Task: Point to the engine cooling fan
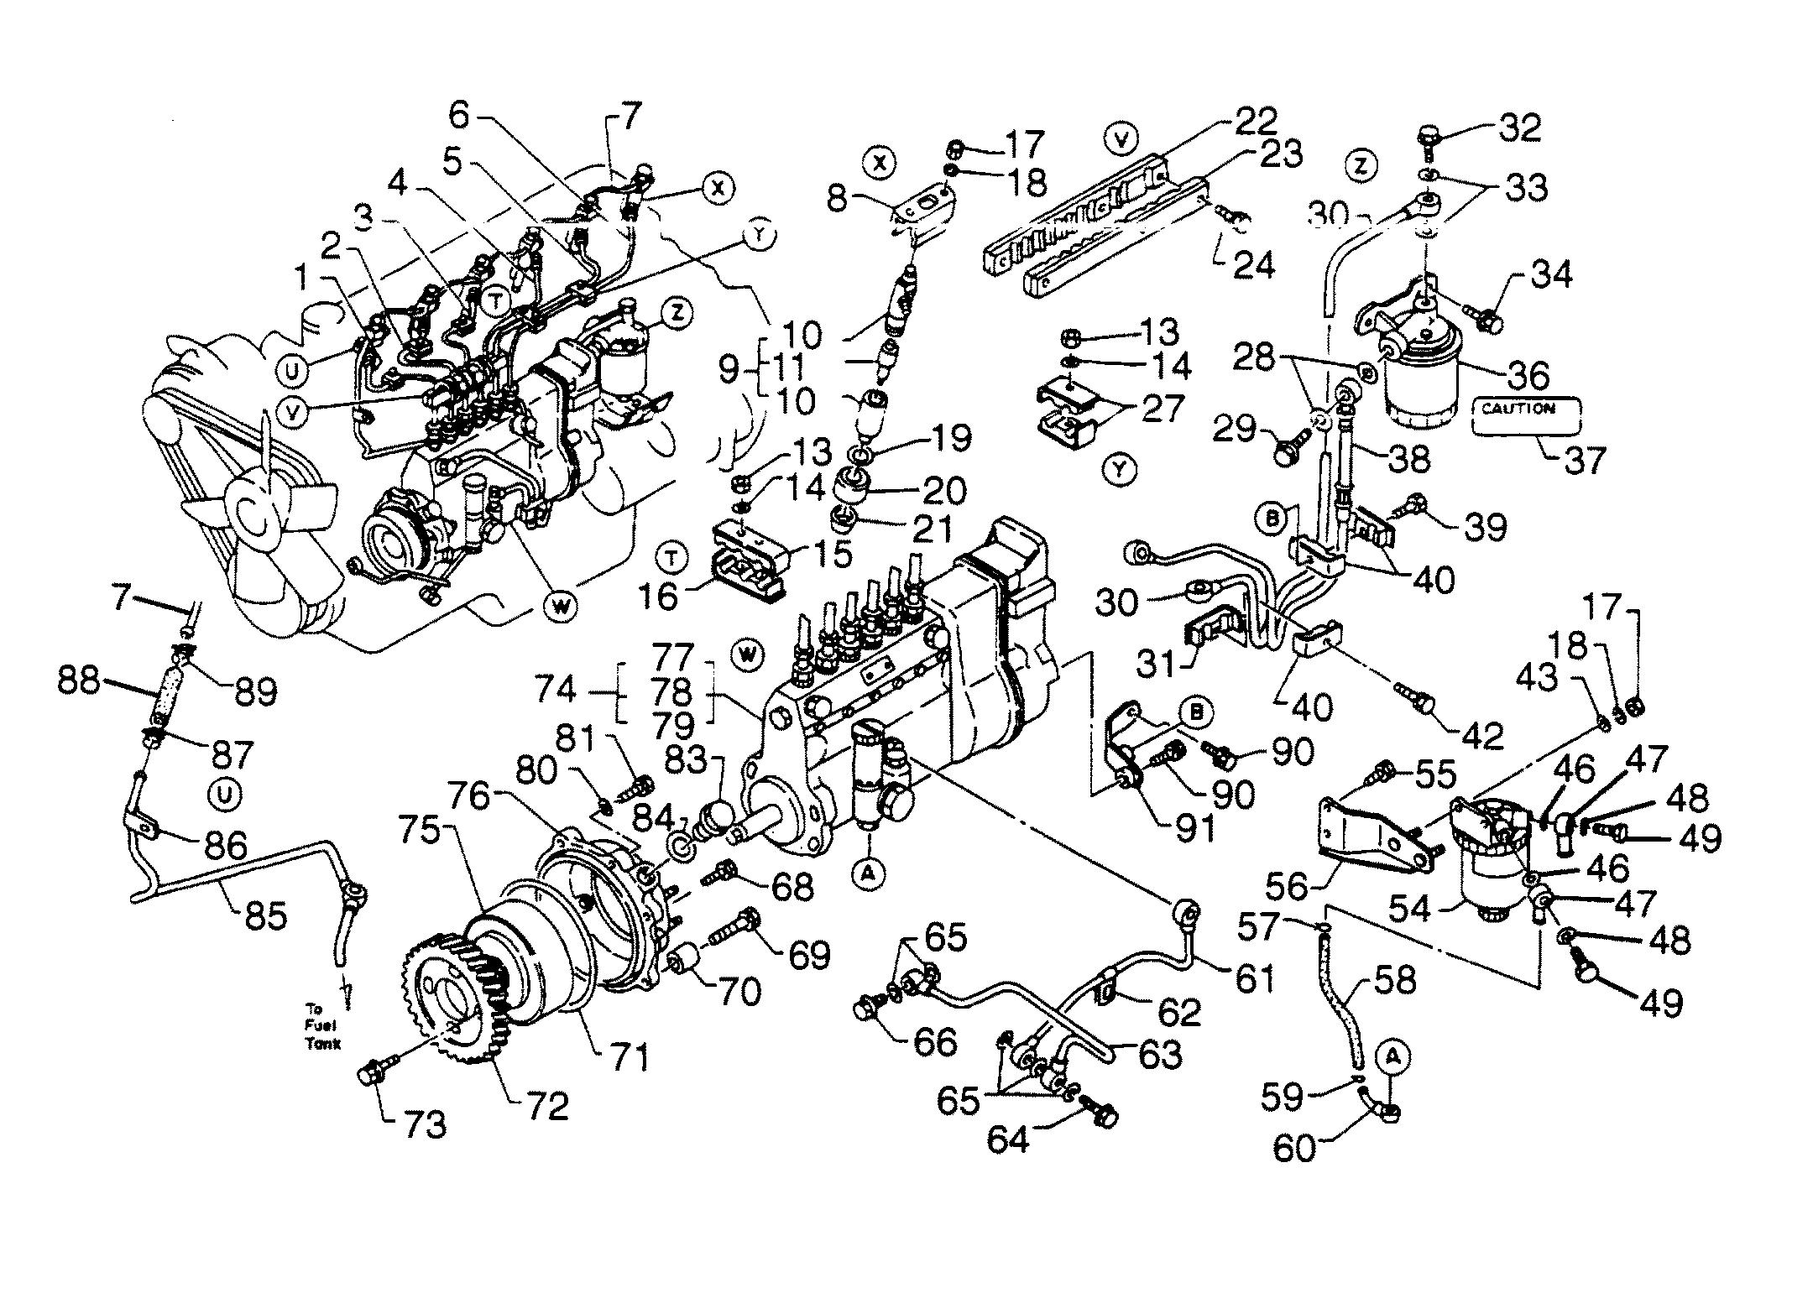pos(252,520)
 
